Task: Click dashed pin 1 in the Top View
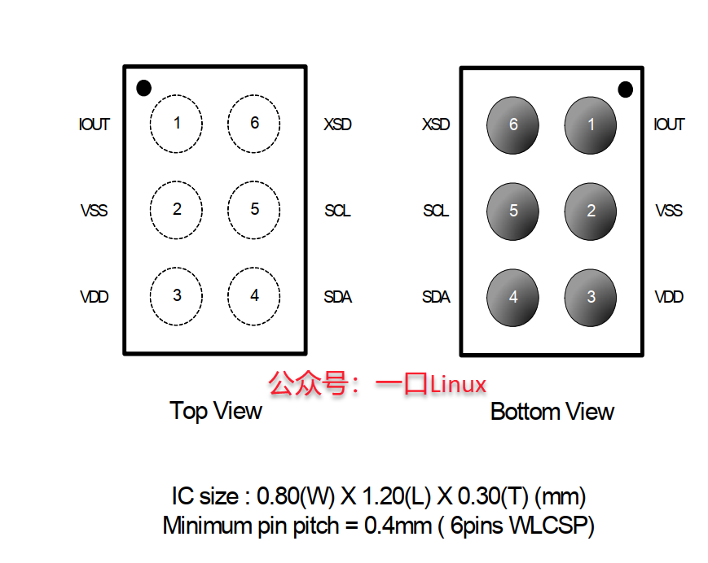(x=176, y=124)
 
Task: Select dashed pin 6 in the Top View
(x=254, y=124)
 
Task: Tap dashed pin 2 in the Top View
(x=176, y=210)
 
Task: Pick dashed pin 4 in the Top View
(x=254, y=296)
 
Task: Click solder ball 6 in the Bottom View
(x=512, y=125)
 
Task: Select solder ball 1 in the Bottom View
(x=591, y=125)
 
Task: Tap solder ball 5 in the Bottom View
(x=512, y=212)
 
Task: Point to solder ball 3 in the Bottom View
(x=591, y=298)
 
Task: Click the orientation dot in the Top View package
(x=144, y=88)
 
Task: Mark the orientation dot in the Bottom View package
(x=625, y=89)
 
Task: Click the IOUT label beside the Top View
(x=95, y=124)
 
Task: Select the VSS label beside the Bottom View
(x=669, y=211)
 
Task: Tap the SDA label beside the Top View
(x=338, y=297)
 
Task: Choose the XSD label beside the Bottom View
(x=436, y=125)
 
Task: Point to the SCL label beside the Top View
(x=337, y=211)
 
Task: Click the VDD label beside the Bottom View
(x=669, y=297)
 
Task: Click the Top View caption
(x=216, y=411)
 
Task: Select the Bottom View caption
(x=552, y=412)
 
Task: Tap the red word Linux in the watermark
(x=458, y=384)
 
